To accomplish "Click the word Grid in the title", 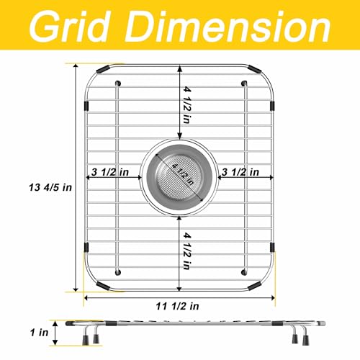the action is (x=71, y=27).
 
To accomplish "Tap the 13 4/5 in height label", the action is (x=50, y=187).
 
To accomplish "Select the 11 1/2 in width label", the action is (x=178, y=306).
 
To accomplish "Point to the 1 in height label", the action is (x=39, y=333).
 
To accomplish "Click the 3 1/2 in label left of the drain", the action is (x=110, y=172).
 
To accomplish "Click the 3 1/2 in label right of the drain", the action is (x=240, y=172).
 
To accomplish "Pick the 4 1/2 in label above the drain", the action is (x=187, y=105).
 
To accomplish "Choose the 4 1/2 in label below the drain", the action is (x=187, y=251).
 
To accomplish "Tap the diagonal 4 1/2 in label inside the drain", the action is (x=183, y=174).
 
